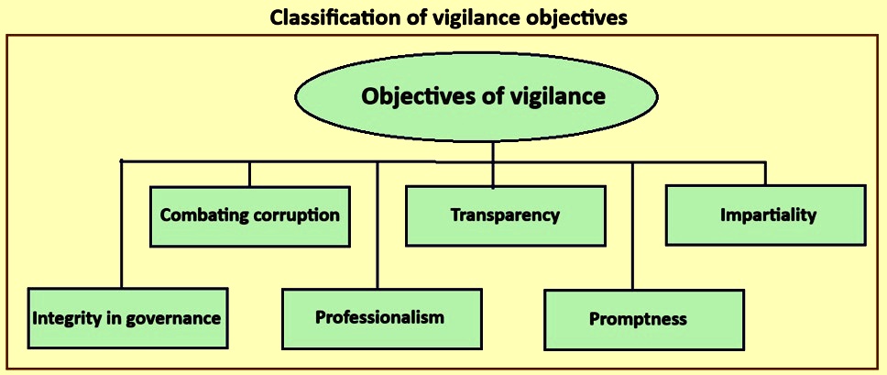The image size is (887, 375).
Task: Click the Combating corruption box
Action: (250, 216)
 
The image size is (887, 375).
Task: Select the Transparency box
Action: (506, 215)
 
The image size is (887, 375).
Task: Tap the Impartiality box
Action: (766, 215)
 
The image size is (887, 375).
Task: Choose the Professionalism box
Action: (382, 318)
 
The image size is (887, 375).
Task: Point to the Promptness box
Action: (644, 320)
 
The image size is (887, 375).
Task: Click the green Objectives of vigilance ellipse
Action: (476, 96)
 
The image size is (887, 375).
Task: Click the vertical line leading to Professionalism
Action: (378, 226)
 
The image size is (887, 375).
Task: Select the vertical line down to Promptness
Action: (633, 226)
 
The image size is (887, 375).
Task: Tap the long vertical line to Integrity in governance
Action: (122, 224)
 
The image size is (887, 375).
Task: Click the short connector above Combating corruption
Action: (249, 174)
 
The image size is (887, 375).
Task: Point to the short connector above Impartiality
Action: (766, 173)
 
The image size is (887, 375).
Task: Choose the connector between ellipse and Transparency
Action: (493, 164)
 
